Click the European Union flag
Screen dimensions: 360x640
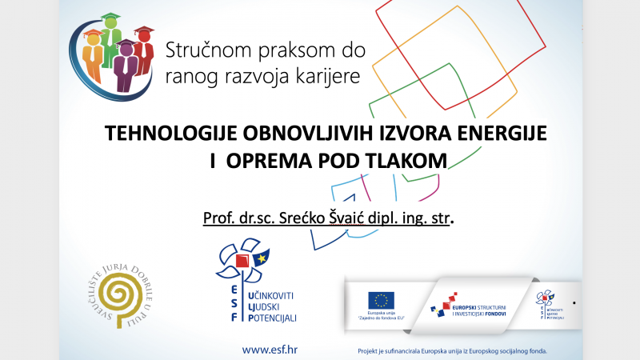tap(381, 300)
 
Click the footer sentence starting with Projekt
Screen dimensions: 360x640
tap(455, 350)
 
